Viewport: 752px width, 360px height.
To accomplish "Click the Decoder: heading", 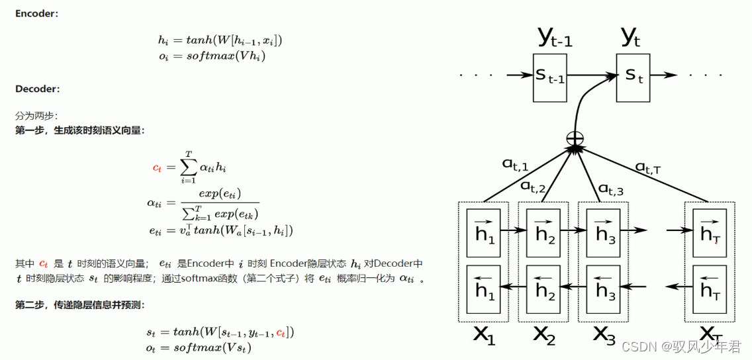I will [37, 88].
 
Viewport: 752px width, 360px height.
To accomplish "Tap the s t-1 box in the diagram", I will [549, 77].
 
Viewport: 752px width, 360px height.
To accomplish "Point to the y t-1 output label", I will [553, 38].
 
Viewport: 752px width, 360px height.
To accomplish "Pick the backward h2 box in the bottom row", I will [545, 289].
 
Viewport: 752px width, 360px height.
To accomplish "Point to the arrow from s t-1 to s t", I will [591, 77].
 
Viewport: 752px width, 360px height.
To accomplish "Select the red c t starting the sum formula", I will [157, 168].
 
